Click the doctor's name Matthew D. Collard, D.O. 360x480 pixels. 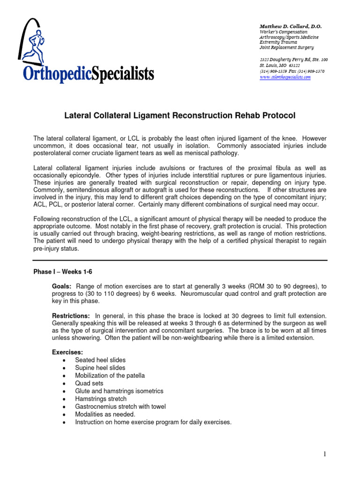click(291, 26)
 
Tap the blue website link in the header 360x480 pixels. click(285, 77)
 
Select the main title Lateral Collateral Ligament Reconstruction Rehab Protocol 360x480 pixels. click(180, 116)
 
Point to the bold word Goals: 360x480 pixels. click(61, 286)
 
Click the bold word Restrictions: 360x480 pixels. click(71, 316)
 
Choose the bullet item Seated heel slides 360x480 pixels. click(100, 360)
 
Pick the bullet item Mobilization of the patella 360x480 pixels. click(110, 375)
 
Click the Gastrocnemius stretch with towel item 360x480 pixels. click(120, 406)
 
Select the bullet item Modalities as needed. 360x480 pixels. click(105, 414)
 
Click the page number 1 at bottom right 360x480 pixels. click(324, 454)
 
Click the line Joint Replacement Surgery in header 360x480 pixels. click(287, 48)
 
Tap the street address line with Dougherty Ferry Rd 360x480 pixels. click(294, 60)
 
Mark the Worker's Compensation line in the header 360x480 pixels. click(284, 32)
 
